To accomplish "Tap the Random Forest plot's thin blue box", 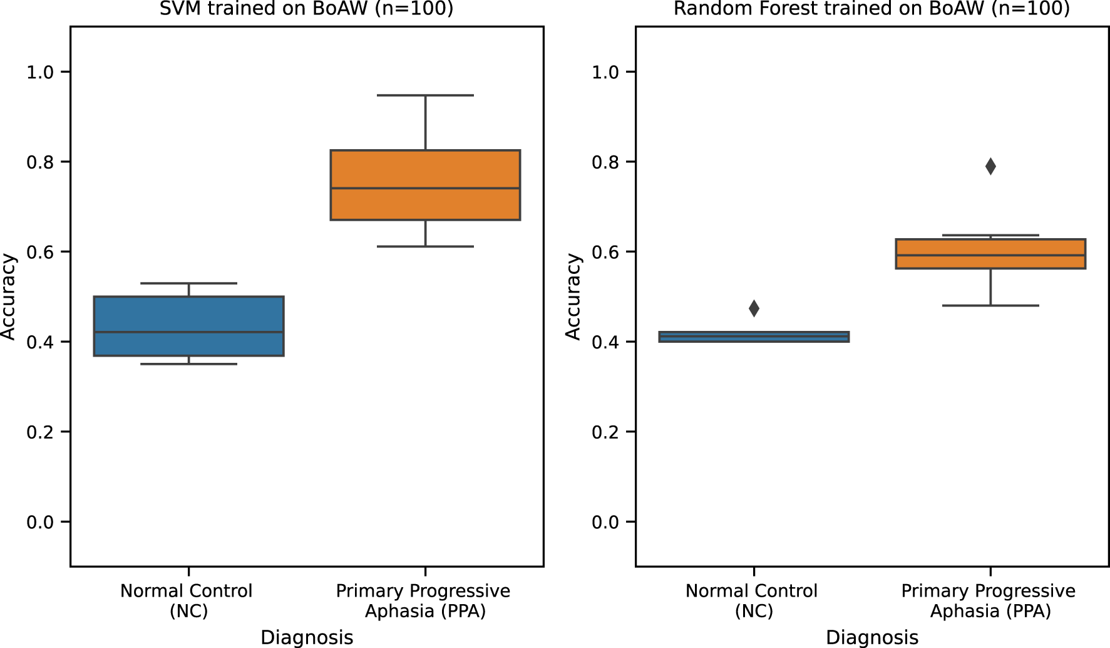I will pos(754,337).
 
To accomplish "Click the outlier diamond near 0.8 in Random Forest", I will pos(990,167).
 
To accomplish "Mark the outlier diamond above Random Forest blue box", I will pos(754,308).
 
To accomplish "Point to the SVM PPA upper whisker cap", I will pos(425,95).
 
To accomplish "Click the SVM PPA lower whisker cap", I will pos(425,246).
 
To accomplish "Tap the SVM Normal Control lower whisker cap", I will pos(188,364).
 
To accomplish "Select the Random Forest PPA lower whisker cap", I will pos(990,305).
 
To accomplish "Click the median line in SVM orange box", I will pos(425,188).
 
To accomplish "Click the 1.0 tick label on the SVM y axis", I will pos(40,73).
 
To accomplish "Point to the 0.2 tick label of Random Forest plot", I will pos(605,432).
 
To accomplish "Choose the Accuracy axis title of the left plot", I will pos(9,296).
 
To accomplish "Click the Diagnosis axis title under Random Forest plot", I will pos(872,637).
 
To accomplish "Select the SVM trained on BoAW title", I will pos(306,9).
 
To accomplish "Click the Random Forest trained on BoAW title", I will pos(871,9).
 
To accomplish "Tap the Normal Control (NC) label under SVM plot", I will pos(187,600).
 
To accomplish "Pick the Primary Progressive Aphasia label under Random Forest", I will pos(989,600).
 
